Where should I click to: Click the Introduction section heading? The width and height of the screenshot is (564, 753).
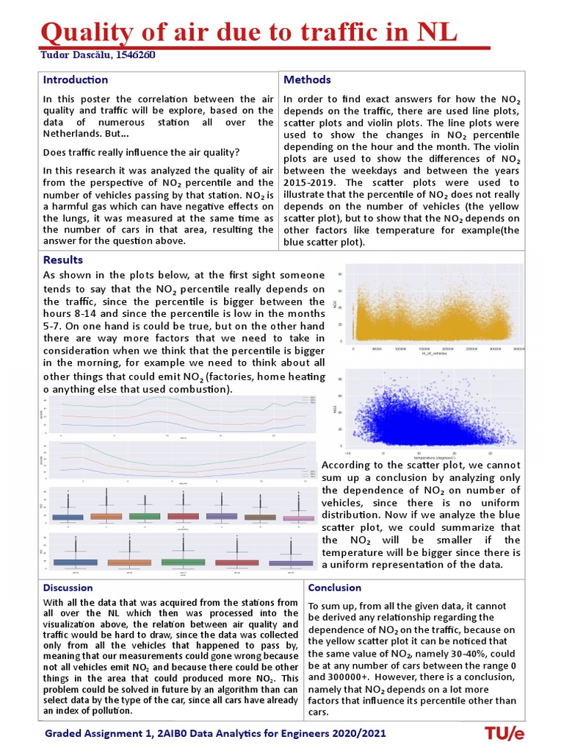(x=75, y=79)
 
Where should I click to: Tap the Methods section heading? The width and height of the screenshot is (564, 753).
(x=307, y=79)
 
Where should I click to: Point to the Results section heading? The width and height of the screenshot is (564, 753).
(x=63, y=260)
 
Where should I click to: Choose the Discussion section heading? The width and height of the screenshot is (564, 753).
(x=68, y=588)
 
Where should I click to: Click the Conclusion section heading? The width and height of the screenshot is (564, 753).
(x=335, y=588)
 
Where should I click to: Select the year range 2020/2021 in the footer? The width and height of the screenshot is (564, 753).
(x=358, y=734)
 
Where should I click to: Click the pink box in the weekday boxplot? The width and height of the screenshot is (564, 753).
(x=298, y=518)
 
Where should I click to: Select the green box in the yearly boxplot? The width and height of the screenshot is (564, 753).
(x=183, y=562)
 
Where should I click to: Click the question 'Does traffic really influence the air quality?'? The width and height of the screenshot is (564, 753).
(x=141, y=152)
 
